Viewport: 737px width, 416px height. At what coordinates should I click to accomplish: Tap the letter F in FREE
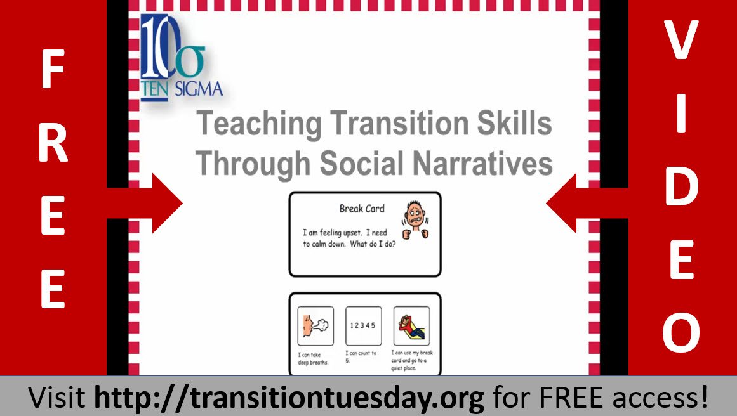coord(53,71)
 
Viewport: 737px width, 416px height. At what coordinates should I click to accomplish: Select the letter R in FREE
coord(53,145)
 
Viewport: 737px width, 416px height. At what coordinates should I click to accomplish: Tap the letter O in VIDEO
coord(682,334)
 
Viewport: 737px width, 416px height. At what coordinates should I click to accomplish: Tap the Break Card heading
coord(362,209)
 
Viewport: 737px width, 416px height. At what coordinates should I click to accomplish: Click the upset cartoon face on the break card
coord(416,219)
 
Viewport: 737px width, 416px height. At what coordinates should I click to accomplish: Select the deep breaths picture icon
coord(315,326)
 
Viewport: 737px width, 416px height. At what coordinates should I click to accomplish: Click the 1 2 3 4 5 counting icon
coord(363,326)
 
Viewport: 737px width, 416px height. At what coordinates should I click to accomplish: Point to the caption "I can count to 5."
coord(361,356)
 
